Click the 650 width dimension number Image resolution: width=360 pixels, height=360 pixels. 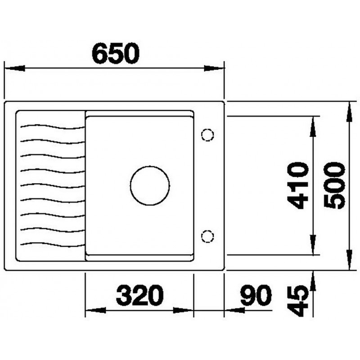tap(116, 53)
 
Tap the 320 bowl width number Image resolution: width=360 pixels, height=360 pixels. tap(140, 295)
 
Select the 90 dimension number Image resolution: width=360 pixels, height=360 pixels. tap(256, 295)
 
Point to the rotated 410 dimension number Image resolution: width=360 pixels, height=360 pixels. tap(298, 185)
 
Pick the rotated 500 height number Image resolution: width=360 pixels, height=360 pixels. tap(334, 185)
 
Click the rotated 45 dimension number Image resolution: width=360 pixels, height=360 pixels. tap(298, 301)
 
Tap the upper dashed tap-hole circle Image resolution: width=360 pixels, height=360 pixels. tap(207, 135)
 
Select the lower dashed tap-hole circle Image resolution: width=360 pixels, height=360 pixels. tap(207, 236)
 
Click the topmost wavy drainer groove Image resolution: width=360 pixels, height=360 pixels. tap(53, 127)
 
